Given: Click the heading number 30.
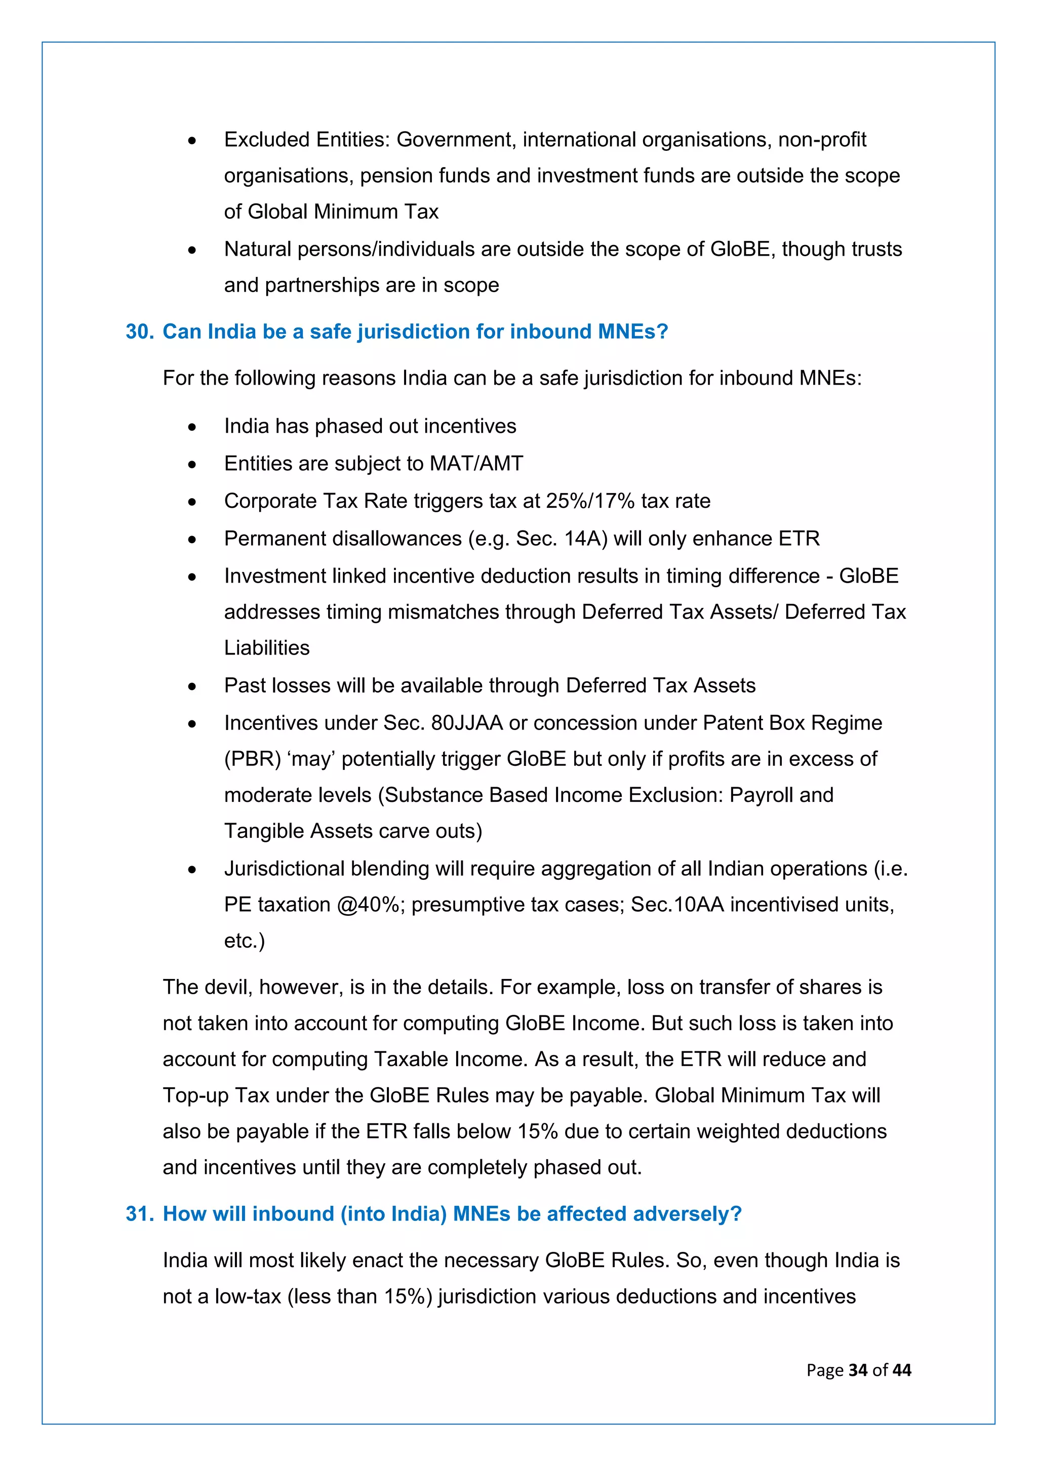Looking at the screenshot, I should pos(139,332).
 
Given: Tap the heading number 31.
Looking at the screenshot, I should pos(139,1213).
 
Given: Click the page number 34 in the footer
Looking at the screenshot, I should pos(858,1370).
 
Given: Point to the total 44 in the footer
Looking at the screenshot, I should pos(902,1370).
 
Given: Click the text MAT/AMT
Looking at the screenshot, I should pos(476,464).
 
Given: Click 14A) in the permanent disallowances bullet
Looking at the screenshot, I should pos(585,539).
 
